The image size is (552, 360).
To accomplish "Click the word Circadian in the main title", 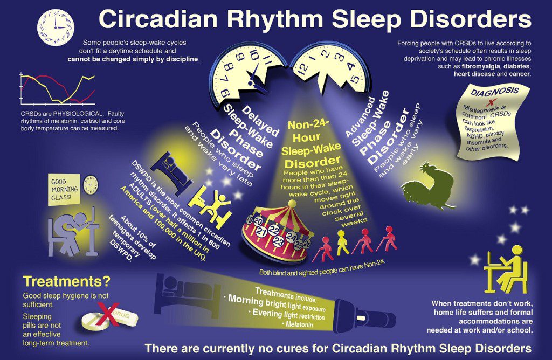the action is [x=158, y=19].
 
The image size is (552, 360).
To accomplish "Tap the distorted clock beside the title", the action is [x=56, y=27].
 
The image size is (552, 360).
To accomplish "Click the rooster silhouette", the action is [x=427, y=185].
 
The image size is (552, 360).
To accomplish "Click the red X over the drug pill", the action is [x=108, y=314].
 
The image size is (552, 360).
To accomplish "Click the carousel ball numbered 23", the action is [x=278, y=241].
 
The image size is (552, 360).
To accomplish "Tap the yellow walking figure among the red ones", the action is [x=342, y=243].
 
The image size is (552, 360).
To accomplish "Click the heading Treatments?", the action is [x=66, y=281].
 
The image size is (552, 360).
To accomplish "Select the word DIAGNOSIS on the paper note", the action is [x=495, y=92].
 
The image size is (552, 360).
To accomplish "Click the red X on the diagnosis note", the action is [x=489, y=102].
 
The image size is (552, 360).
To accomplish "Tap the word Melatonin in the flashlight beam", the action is [x=299, y=324].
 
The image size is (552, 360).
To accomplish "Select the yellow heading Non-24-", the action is [x=308, y=125].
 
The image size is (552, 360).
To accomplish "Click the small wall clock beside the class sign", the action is [x=91, y=185].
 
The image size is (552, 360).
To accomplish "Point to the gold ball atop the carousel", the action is [x=292, y=203].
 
